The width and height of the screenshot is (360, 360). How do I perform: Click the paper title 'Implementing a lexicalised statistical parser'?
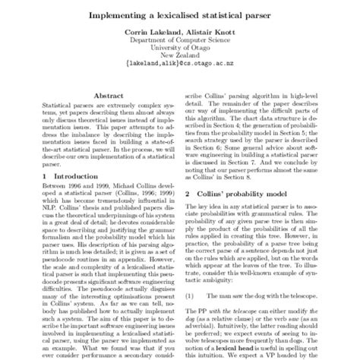tap(180, 14)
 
